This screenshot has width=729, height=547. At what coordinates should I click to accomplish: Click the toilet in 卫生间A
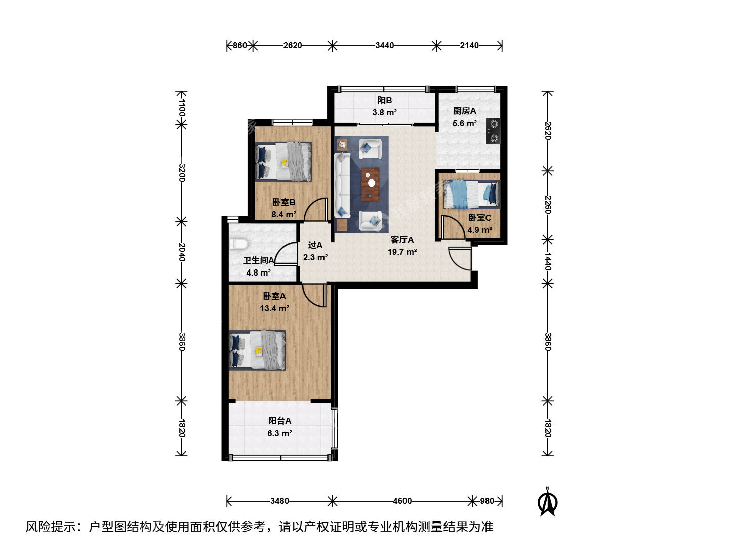239,244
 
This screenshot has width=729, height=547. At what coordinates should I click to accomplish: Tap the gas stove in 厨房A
493,131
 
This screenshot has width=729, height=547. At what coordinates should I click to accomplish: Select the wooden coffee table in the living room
370,184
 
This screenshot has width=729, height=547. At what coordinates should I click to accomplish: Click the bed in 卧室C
472,194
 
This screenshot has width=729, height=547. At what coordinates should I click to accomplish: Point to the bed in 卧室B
283,162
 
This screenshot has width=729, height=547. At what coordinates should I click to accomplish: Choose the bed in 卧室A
257,350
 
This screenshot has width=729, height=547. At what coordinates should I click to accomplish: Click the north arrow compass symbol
547,501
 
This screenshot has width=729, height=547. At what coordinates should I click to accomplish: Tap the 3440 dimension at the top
385,45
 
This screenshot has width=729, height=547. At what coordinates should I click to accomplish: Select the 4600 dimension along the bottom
402,501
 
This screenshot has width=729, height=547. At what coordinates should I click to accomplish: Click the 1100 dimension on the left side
182,108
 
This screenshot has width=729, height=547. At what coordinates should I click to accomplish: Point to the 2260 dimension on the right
548,205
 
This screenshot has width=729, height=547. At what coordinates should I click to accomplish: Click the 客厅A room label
402,240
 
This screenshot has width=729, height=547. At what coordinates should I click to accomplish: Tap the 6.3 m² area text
279,433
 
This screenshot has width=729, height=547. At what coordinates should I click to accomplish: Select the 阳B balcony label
385,100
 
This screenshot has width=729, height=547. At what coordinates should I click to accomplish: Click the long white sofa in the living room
342,185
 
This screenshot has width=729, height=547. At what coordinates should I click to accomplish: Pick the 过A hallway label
315,245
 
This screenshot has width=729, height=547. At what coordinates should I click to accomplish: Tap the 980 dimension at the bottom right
487,501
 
